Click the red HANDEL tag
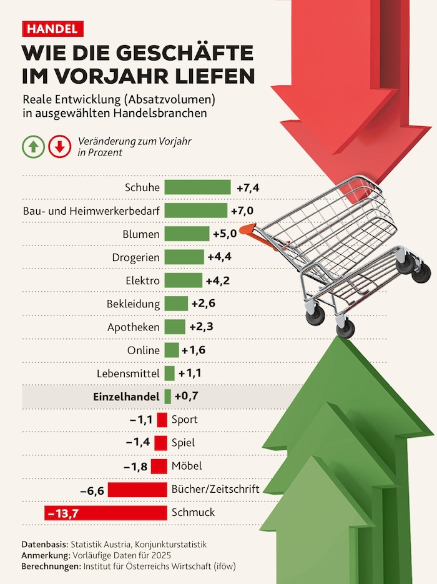click(52, 29)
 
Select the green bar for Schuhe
click(197, 187)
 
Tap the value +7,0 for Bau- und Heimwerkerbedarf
click(242, 210)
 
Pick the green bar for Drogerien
click(184, 257)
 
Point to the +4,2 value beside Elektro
click(218, 280)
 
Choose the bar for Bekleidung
click(176, 304)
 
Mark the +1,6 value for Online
click(193, 350)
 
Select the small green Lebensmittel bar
click(169, 374)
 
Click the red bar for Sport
click(162, 420)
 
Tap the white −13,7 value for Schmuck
click(64, 513)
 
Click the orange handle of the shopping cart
click(250, 230)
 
